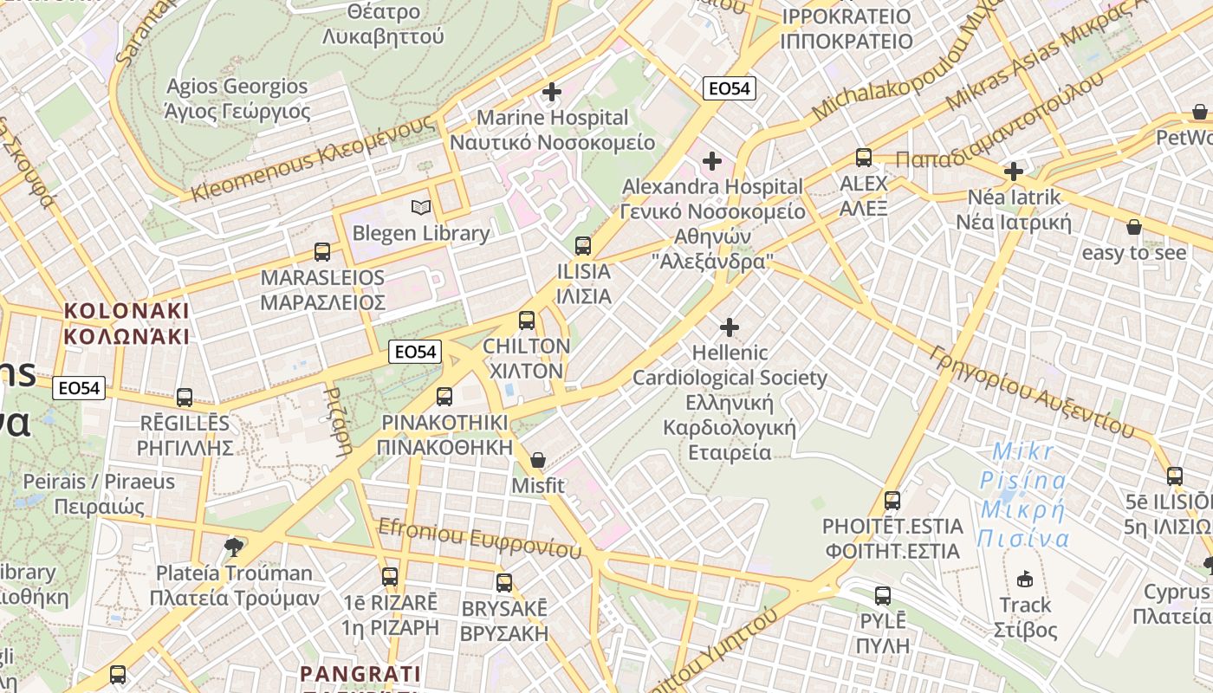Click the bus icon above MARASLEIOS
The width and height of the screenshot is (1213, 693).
coord(322,252)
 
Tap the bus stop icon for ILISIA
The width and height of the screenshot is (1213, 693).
coord(583,246)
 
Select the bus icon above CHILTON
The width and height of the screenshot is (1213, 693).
coord(527,321)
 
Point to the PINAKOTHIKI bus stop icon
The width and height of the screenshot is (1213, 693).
coord(444,397)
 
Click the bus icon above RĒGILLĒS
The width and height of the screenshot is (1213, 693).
coord(185,398)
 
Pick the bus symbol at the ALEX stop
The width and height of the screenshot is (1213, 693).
coord(864,158)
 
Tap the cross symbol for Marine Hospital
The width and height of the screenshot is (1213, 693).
coord(552,92)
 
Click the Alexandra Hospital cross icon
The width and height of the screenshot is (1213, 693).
coord(712,161)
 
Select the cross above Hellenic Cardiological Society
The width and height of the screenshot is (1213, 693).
coord(730,327)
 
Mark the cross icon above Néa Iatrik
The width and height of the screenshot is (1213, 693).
coord(1014,172)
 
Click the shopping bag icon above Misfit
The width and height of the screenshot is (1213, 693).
coord(538,460)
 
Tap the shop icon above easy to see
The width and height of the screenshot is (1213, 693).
coord(1133,228)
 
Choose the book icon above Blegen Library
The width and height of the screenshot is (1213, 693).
coord(421,208)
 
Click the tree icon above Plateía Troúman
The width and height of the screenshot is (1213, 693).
coord(232,547)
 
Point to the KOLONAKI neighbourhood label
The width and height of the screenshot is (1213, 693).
coord(126,322)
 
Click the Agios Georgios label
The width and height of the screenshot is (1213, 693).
coord(237,99)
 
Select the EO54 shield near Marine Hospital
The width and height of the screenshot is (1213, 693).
coord(730,87)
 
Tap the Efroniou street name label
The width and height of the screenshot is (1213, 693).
coord(479,537)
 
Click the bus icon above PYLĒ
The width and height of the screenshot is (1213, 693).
coord(883,596)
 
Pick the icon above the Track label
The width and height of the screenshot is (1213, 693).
coord(1025,579)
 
